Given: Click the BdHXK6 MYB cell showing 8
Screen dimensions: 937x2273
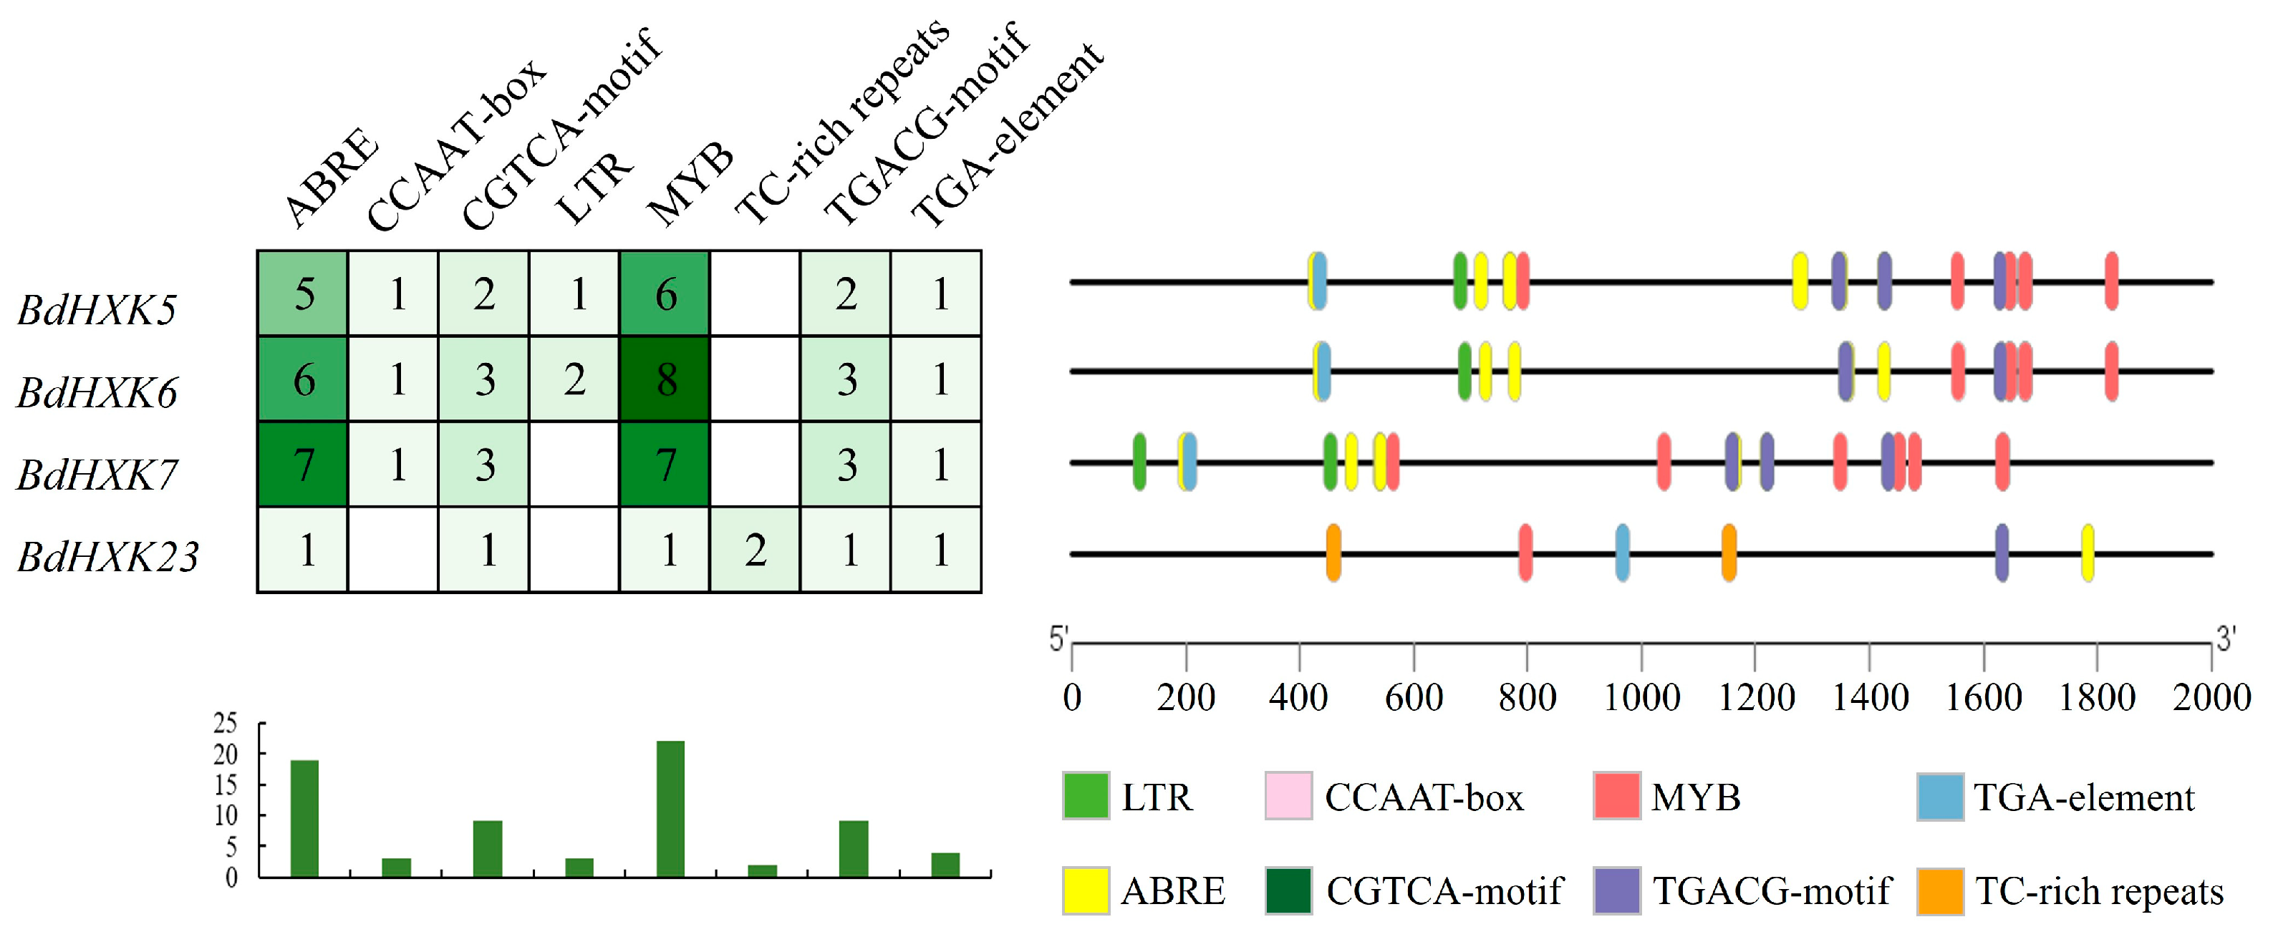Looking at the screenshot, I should [x=665, y=379].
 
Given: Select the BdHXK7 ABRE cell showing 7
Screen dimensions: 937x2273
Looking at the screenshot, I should [x=303, y=464].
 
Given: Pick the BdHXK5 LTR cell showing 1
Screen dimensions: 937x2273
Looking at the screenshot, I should [x=574, y=293].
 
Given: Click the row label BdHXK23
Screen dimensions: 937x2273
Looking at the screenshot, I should [x=107, y=557].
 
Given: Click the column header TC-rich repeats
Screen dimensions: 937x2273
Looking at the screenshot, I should [x=843, y=124].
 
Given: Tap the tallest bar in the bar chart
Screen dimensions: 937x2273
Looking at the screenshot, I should [x=670, y=808].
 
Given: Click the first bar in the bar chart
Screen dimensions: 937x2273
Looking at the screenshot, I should [x=304, y=818].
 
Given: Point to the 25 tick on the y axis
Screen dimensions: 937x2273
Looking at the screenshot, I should [x=226, y=724].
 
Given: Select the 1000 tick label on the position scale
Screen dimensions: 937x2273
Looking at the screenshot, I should [x=1641, y=698].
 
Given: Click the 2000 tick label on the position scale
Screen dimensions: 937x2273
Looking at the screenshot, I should [x=2211, y=698].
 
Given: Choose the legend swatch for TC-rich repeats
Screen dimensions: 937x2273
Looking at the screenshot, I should [x=1940, y=891].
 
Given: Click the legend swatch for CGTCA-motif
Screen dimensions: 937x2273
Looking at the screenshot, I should [x=1288, y=891].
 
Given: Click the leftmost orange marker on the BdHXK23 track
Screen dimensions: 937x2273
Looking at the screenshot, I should [x=1333, y=553].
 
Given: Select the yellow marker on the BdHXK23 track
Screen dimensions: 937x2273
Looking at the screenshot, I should [x=2088, y=553].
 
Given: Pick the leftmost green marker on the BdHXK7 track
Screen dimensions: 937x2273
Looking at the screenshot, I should [x=1139, y=462].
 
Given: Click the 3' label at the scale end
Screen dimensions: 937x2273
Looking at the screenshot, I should [x=2225, y=638].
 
